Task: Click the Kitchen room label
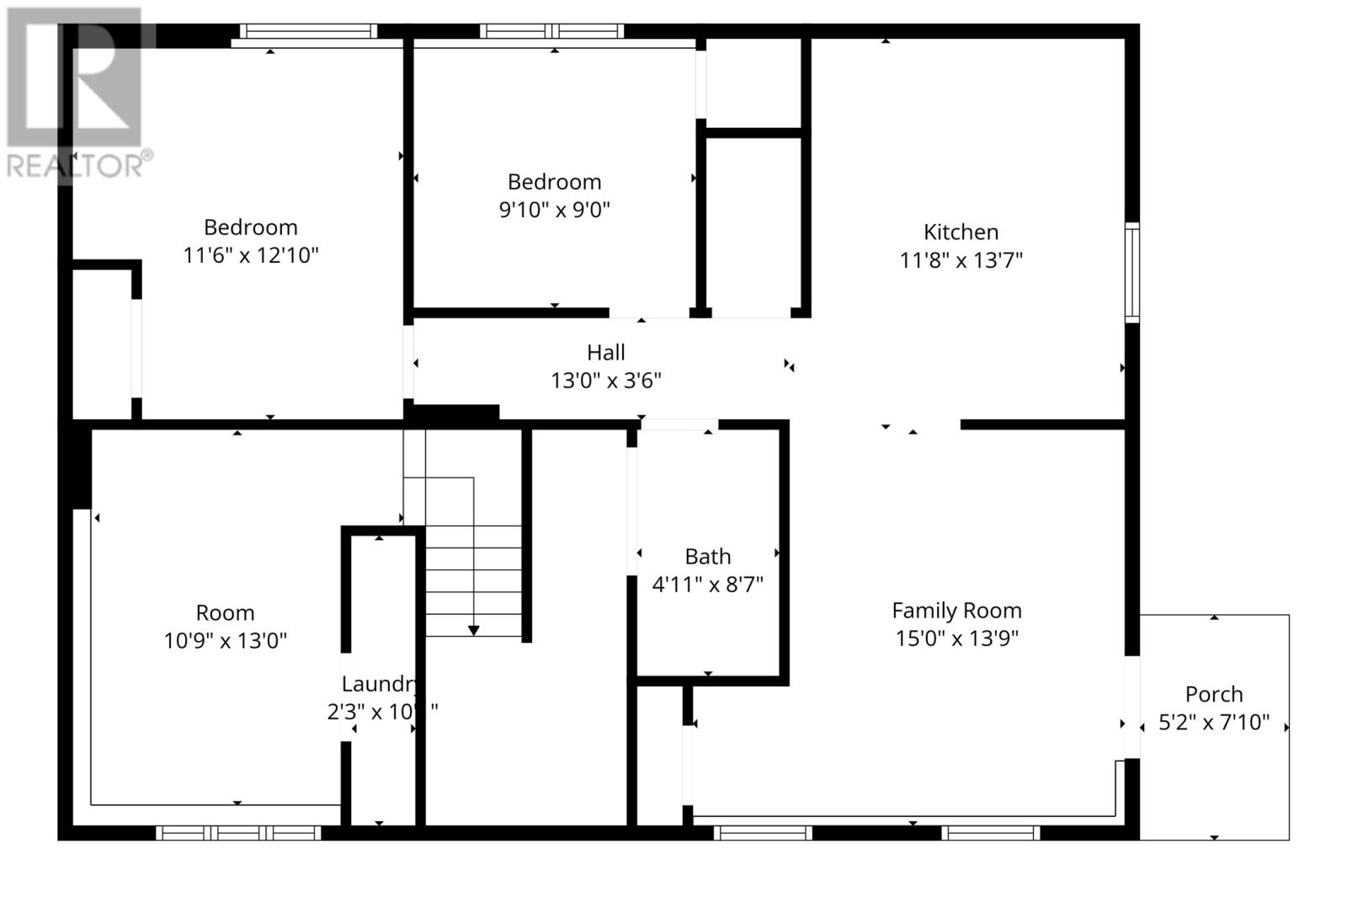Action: click(961, 232)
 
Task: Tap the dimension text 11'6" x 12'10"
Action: click(251, 255)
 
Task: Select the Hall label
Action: click(605, 352)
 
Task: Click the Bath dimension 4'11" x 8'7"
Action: click(707, 585)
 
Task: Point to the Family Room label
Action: click(956, 611)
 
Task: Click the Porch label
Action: click(1213, 695)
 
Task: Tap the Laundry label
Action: click(379, 684)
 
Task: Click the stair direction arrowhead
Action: click(473, 631)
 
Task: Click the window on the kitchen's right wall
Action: click(1132, 273)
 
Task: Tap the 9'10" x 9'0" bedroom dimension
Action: click(554, 210)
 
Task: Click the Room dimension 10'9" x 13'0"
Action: click(225, 641)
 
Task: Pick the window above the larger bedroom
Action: click(308, 32)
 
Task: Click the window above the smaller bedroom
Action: click(551, 32)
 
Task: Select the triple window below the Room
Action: click(238, 833)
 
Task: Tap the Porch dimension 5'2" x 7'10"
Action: click(1213, 723)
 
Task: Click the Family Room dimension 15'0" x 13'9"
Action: click(956, 638)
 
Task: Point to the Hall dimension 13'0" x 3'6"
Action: click(605, 381)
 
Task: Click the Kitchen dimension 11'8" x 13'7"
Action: click(961, 260)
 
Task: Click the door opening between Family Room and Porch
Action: click(1132, 708)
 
